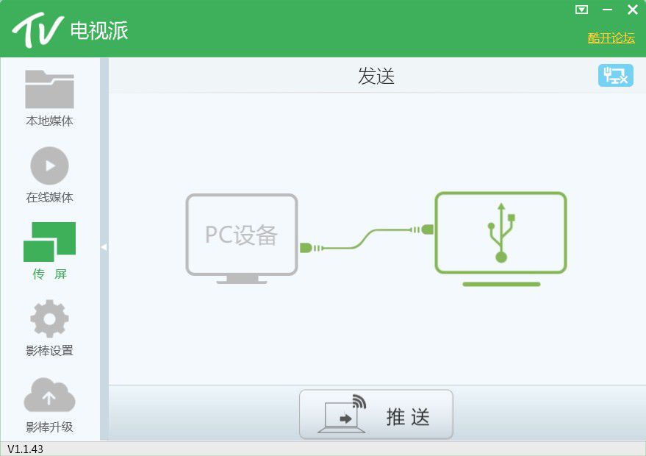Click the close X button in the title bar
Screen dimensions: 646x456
(x=633, y=9)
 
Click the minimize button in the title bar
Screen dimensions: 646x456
(x=607, y=10)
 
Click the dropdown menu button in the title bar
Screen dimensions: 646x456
(x=581, y=10)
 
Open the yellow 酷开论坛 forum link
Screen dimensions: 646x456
(x=611, y=38)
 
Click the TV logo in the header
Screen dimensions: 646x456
(x=37, y=30)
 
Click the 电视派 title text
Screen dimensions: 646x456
(x=99, y=30)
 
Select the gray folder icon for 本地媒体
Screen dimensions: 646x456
(x=49, y=89)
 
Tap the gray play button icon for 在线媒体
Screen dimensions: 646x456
(x=49, y=165)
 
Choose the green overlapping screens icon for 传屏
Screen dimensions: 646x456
(x=49, y=241)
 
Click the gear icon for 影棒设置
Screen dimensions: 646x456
(x=49, y=318)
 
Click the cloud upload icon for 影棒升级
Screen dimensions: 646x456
(x=49, y=394)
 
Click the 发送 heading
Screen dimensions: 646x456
(x=376, y=76)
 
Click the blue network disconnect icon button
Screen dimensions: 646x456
(x=616, y=76)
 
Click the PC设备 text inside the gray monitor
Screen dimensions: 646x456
(x=241, y=235)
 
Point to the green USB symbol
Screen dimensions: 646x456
(x=501, y=233)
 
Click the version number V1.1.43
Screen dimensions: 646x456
(x=25, y=449)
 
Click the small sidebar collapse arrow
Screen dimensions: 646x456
(x=104, y=247)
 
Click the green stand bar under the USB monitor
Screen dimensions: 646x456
(x=501, y=284)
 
